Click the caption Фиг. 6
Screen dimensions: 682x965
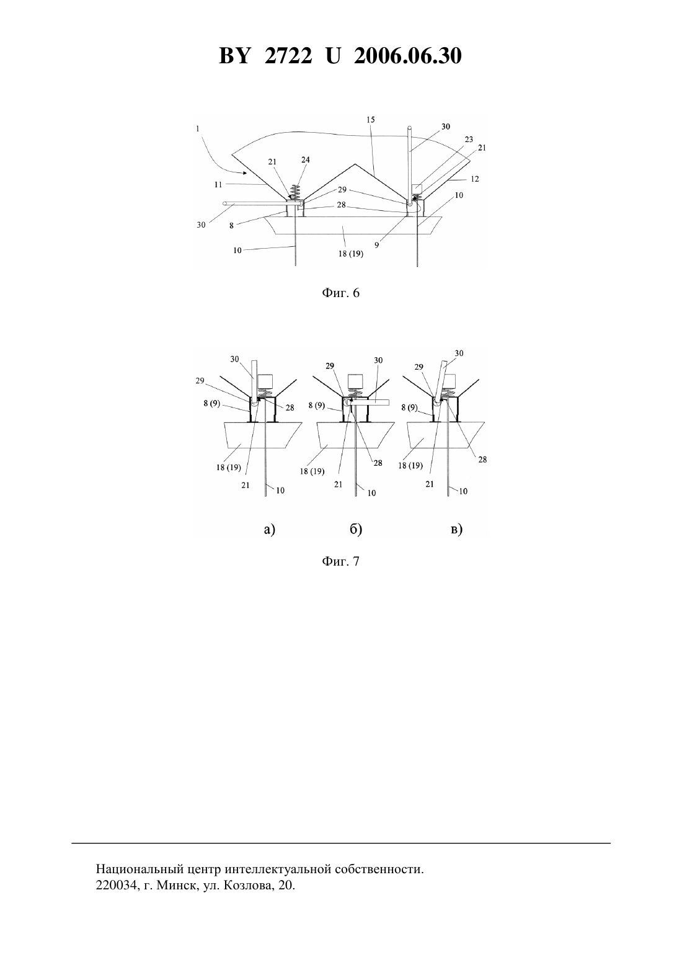coord(340,293)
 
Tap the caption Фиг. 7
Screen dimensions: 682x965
coord(340,561)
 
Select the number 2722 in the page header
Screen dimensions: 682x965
coord(288,56)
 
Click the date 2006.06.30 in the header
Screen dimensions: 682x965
coord(408,56)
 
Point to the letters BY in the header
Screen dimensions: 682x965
coord(234,56)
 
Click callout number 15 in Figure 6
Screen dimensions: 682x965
coord(371,120)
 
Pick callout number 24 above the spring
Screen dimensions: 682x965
coord(305,160)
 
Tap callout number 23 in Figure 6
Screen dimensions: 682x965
coord(469,139)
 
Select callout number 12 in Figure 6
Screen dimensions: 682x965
coord(474,179)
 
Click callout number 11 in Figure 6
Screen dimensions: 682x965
coord(218,184)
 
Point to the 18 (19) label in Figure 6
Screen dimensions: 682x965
coord(350,254)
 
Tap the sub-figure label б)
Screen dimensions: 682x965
coord(356,529)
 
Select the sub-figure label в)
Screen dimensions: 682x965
coord(456,529)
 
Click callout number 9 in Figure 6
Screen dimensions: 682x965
coord(376,245)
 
